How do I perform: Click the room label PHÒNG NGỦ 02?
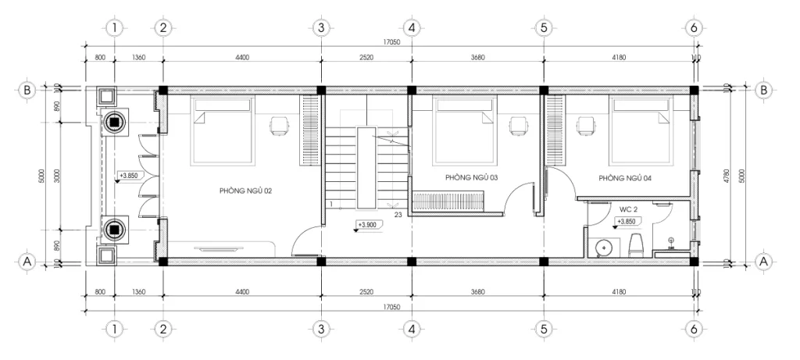[x=245, y=190]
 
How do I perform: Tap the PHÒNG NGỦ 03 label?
[x=472, y=177]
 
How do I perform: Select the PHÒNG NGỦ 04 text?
[x=626, y=178]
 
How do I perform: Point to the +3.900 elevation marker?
[x=366, y=226]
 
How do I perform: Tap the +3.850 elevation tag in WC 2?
[x=627, y=222]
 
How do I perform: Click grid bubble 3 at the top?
[x=320, y=27]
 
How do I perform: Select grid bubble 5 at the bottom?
[x=544, y=330]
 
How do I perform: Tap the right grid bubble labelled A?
[x=764, y=262]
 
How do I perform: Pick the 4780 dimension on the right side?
[x=727, y=176]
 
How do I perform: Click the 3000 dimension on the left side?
[x=57, y=176]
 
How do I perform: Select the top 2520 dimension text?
[x=366, y=57]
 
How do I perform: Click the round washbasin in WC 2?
[x=602, y=248]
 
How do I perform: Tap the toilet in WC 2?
[x=635, y=245]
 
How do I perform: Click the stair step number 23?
[x=398, y=213]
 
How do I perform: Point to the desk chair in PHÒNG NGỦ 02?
[x=279, y=124]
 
